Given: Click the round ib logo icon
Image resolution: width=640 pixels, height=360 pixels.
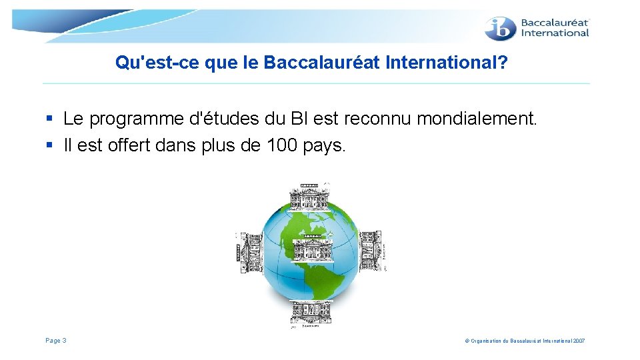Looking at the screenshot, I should pos(500,28).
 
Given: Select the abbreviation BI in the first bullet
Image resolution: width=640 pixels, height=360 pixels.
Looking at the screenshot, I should pos(299,119).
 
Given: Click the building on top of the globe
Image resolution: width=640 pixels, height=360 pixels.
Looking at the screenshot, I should pos(309,197).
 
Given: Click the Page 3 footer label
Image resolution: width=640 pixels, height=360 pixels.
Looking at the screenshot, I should pos(56,341).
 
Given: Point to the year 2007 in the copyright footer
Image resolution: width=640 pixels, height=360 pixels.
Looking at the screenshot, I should pos(578,341).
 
